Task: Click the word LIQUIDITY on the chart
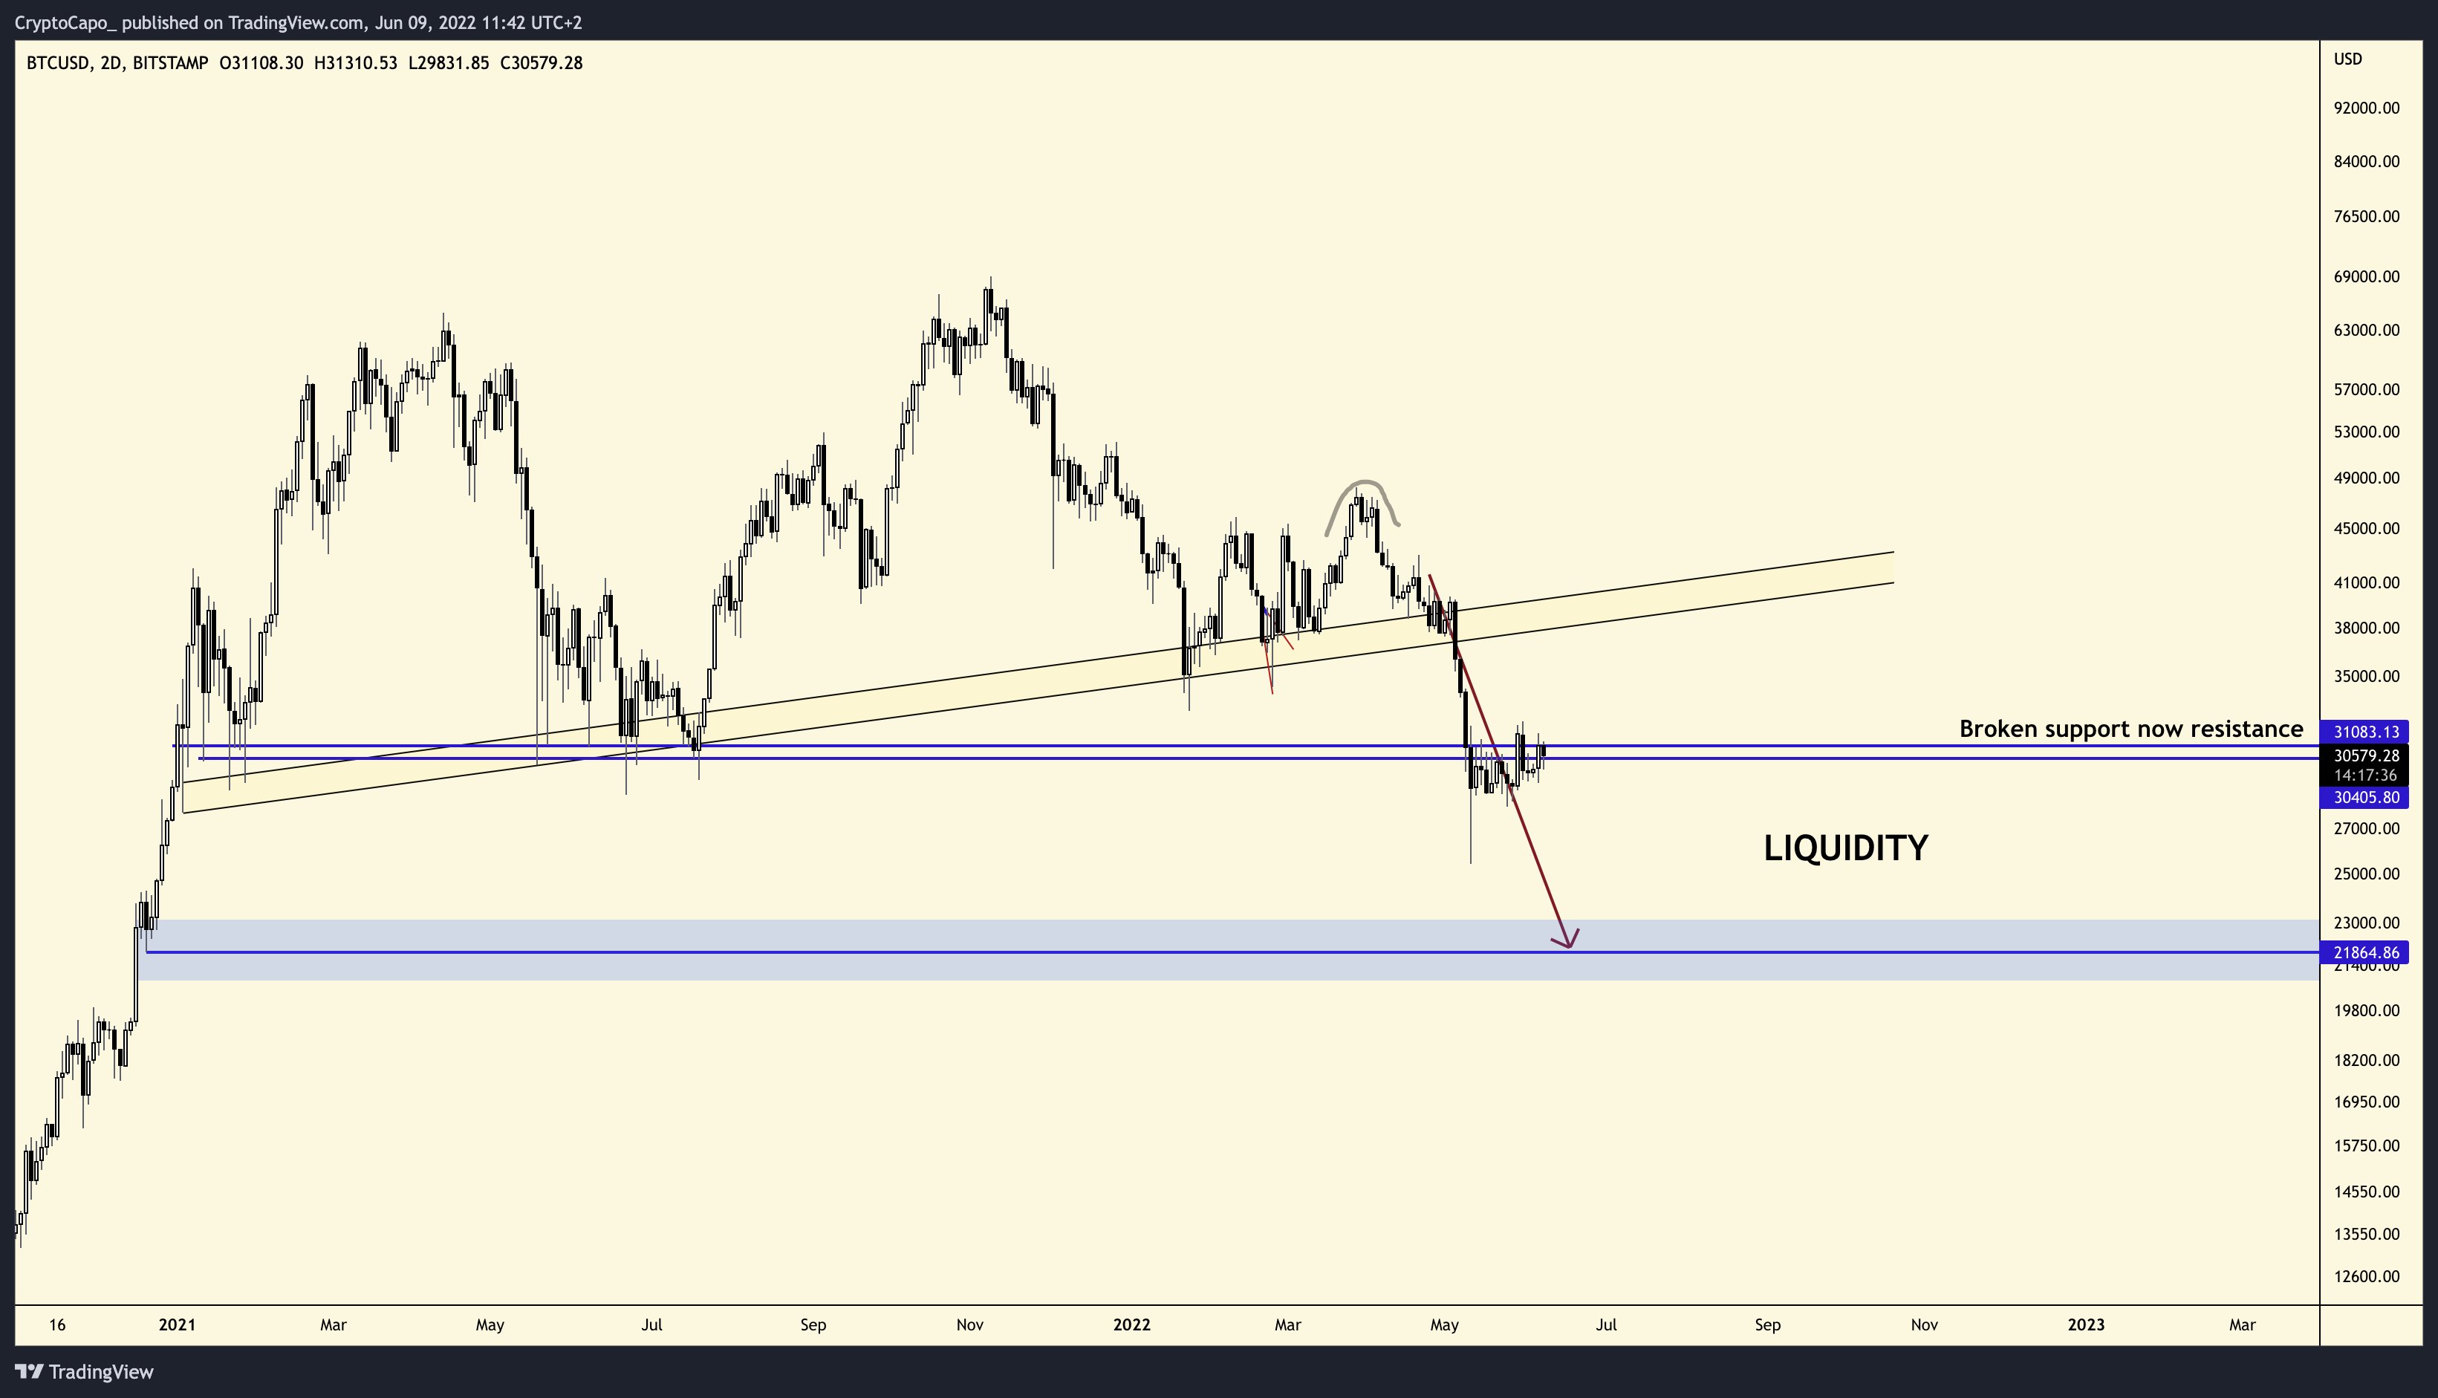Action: [x=1844, y=848]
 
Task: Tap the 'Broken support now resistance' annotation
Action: [x=2130, y=729]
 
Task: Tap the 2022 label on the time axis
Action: [x=1131, y=1325]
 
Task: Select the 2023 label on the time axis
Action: [x=2084, y=1325]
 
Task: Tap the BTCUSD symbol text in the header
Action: [x=58, y=63]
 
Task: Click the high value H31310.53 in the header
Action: [x=355, y=63]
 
